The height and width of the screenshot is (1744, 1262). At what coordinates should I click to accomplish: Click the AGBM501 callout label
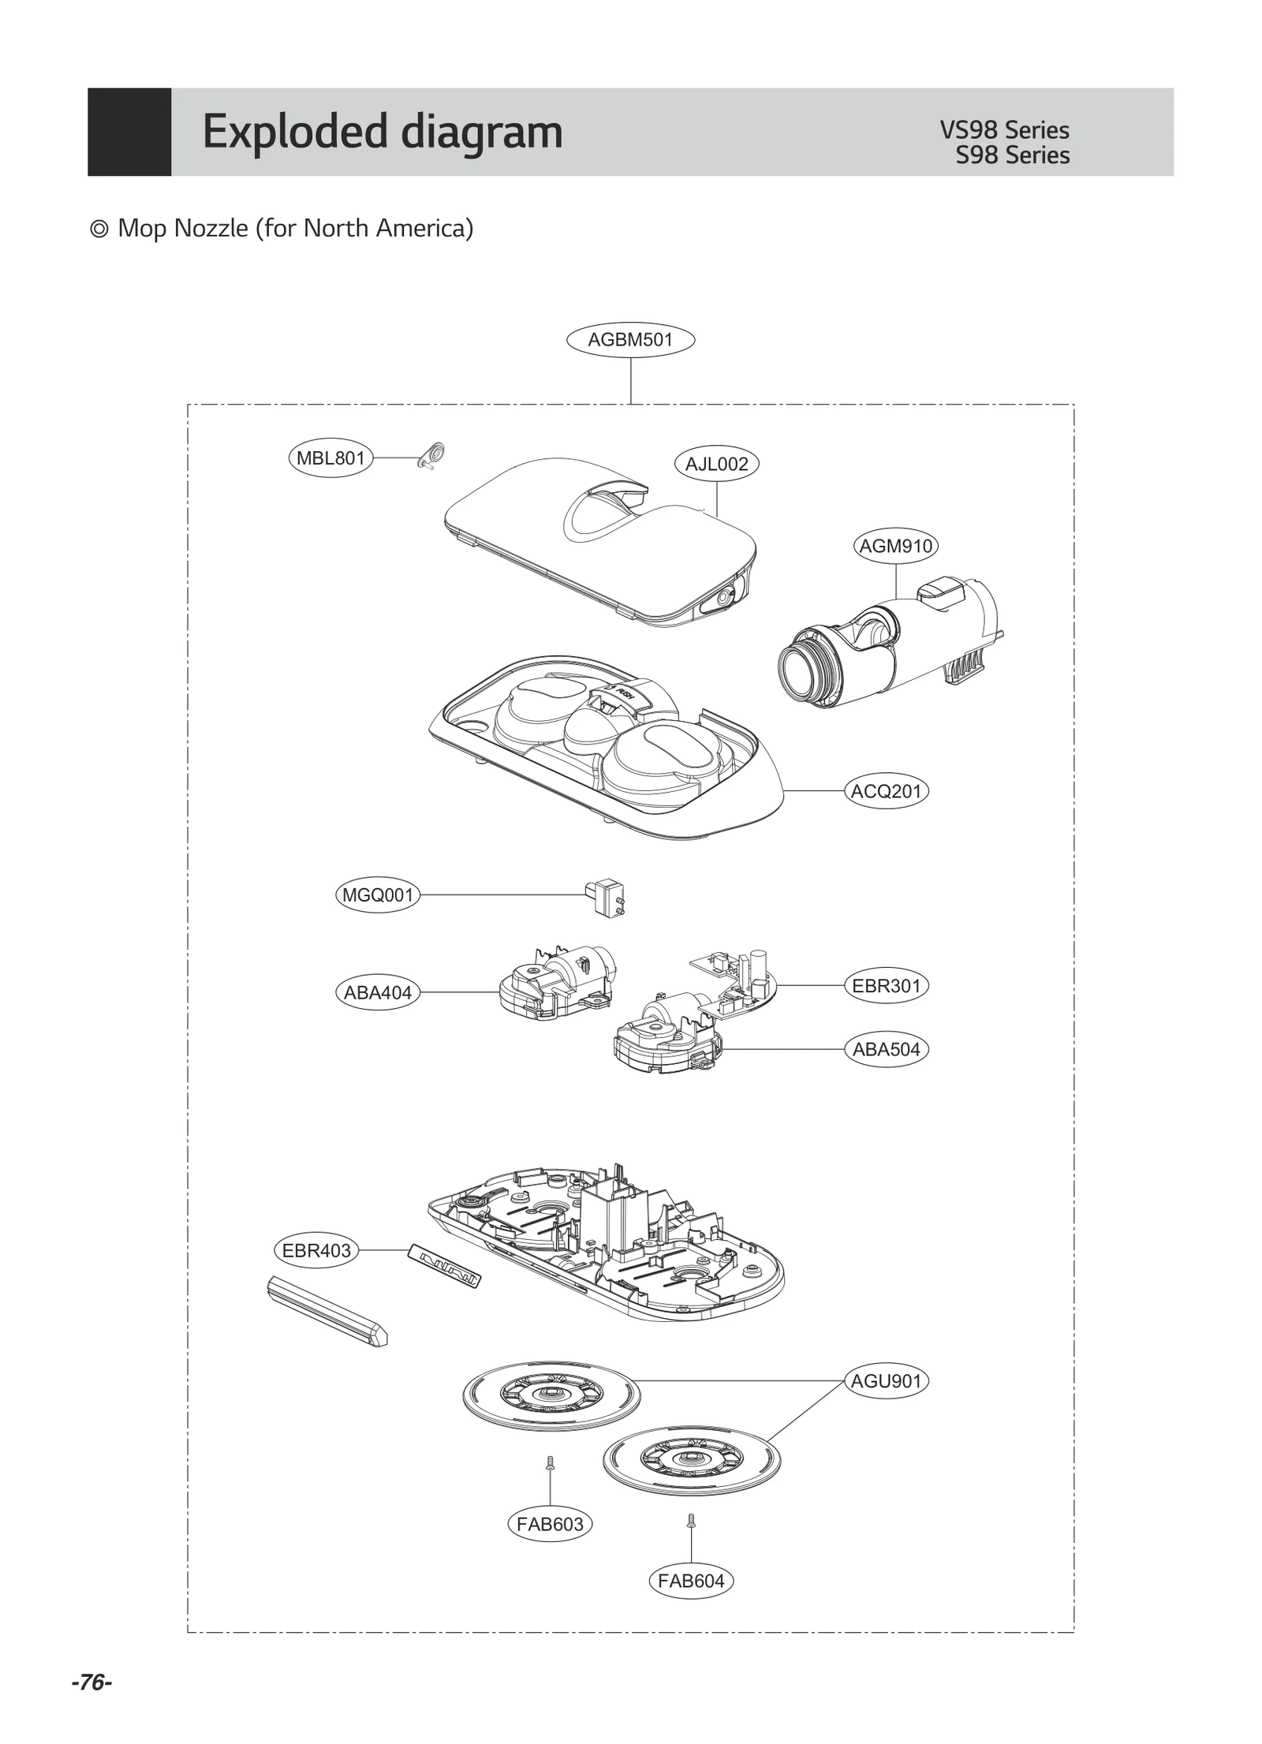[630, 340]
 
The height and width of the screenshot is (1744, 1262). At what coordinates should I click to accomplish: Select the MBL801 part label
[330, 458]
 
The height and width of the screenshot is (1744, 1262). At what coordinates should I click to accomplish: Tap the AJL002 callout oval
[716, 464]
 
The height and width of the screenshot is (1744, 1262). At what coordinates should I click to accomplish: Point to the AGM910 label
[895, 546]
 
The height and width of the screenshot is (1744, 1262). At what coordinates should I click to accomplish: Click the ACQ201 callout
[886, 791]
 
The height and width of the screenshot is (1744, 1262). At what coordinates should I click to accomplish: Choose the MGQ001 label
[378, 895]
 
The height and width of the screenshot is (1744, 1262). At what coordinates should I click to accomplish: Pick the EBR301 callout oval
[886, 986]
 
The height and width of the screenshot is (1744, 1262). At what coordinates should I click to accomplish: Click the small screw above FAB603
[550, 1465]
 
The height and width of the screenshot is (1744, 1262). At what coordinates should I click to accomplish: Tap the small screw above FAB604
[691, 1520]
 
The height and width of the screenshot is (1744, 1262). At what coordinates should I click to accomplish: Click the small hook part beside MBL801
[431, 456]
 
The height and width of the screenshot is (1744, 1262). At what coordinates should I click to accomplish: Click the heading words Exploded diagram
[383, 132]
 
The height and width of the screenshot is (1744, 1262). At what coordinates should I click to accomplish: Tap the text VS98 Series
[1003, 130]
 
